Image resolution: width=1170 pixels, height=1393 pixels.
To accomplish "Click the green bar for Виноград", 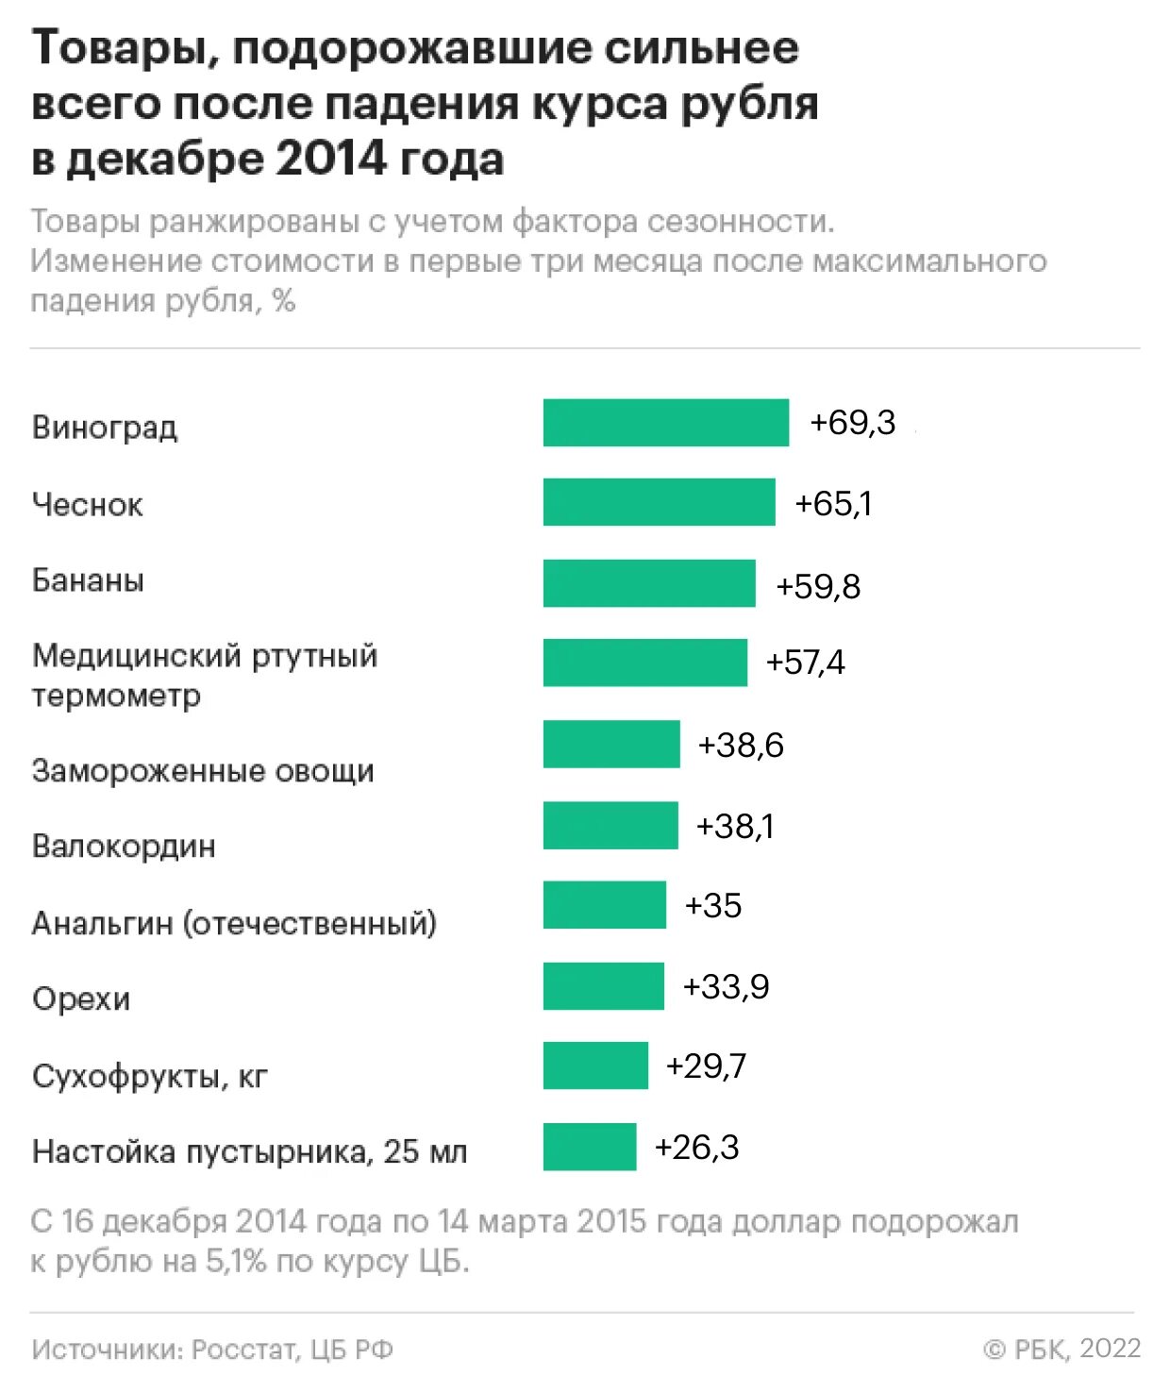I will pos(665,423).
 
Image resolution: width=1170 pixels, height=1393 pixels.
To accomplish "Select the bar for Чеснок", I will pos(659,502).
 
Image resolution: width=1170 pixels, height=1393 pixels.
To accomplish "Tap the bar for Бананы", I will pos(649,583).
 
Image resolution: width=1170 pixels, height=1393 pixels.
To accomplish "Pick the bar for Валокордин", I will pos(610,825).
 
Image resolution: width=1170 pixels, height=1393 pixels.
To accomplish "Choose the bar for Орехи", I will pos(604,986).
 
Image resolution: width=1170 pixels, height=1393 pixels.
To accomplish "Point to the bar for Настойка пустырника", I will pos(590,1147).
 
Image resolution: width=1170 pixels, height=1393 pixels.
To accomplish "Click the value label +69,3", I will pos(853,423).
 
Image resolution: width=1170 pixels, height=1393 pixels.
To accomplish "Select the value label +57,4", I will pos(805,663).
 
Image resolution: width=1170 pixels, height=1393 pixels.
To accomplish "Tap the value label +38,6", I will pos(741,746).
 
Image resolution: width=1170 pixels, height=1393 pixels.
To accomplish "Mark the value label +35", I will pos(713,906).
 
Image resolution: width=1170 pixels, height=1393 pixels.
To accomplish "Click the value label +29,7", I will pos(706,1066).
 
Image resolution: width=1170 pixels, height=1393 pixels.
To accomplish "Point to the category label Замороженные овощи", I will pos(203,771).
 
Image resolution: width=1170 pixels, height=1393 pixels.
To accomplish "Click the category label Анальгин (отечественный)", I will pos(234,923).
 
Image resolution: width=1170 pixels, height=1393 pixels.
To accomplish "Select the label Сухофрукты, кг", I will pos(150,1076).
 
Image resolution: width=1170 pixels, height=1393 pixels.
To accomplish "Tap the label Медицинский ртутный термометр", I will pos(205,675).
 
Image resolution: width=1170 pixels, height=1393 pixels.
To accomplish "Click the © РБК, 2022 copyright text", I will pos(1062,1349).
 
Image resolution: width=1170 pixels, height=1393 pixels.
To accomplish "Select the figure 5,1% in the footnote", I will pos(237,1262).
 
